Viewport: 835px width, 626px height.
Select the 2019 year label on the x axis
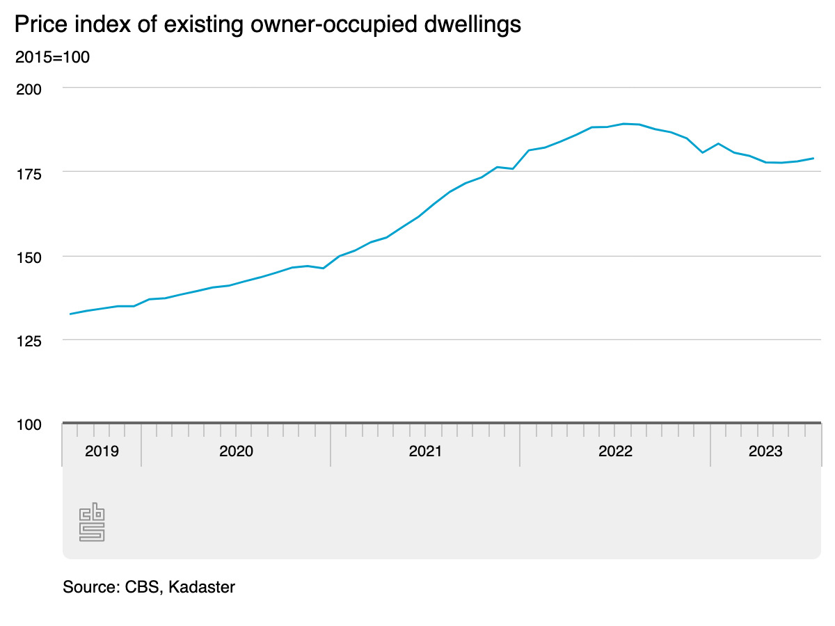pyautogui.click(x=102, y=451)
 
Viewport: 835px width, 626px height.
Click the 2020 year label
pyautogui.click(x=236, y=451)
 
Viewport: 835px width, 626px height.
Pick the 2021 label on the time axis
pyautogui.click(x=425, y=451)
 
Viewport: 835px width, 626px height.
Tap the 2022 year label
pyautogui.click(x=615, y=451)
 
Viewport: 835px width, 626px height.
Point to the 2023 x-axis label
pyautogui.click(x=765, y=451)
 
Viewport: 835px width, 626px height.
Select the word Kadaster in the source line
pyautogui.click(x=202, y=587)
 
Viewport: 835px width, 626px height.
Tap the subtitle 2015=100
pyautogui.click(x=52, y=57)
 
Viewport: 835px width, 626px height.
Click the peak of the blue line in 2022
pyautogui.click(x=623, y=124)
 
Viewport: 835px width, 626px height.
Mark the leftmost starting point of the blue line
pyautogui.click(x=70, y=314)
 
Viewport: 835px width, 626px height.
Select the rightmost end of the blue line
pyautogui.click(x=813, y=159)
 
